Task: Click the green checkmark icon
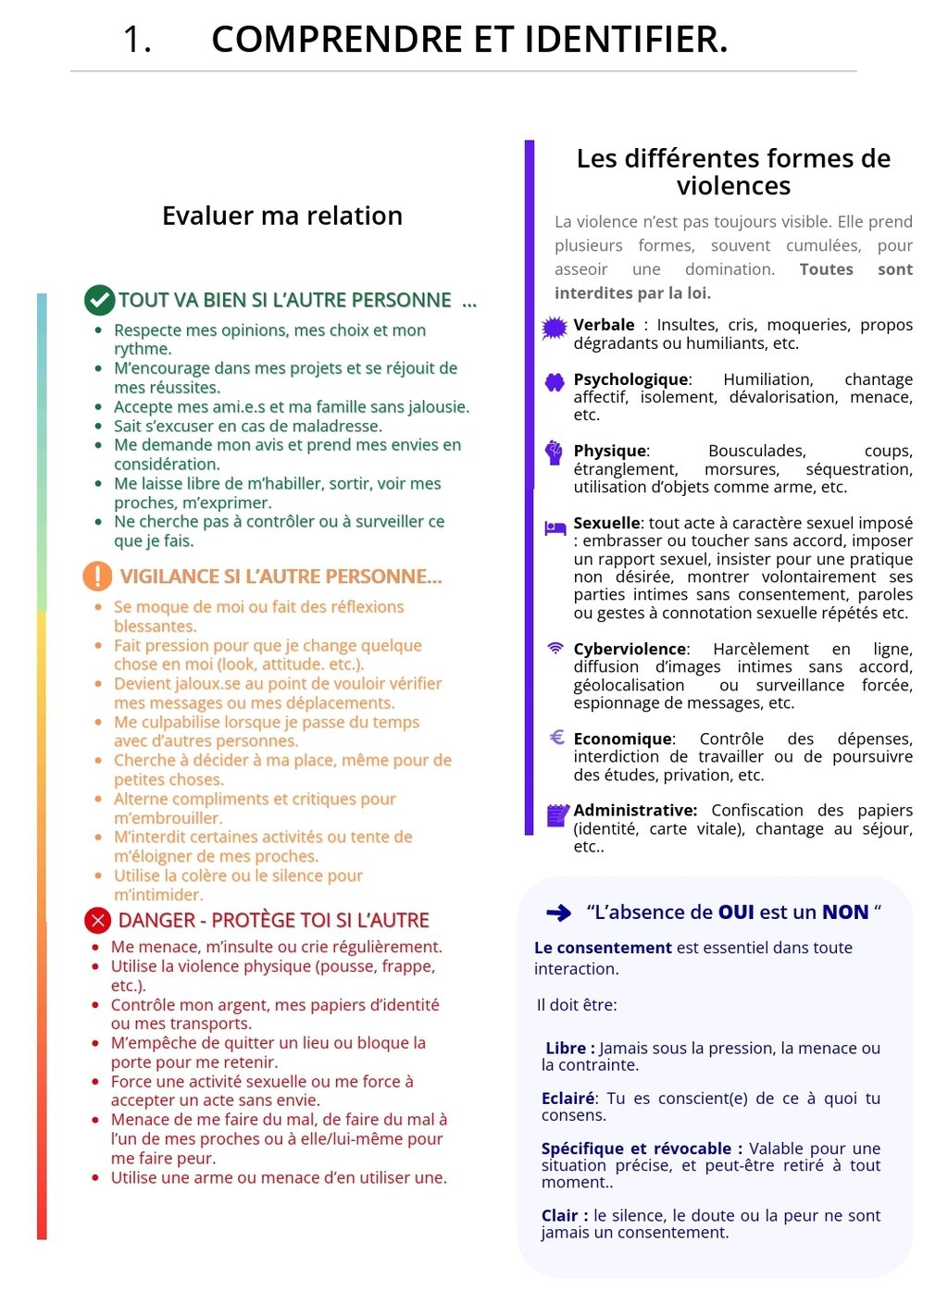pos(99,300)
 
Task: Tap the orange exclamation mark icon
pos(97,576)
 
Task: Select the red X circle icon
pos(97,920)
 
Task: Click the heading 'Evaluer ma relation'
pos(282,216)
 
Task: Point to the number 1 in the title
pos(136,40)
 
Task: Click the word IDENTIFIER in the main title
pos(626,40)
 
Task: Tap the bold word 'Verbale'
pos(604,325)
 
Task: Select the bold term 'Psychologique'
pos(630,379)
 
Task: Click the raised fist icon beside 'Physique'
pos(555,453)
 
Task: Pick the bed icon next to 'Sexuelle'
pos(555,528)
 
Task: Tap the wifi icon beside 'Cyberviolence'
pos(555,648)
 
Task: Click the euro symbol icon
pos(556,738)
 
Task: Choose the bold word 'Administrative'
pos(634,810)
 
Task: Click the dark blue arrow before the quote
pos(559,913)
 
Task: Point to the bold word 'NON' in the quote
pos(845,913)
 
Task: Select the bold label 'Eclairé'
pos(568,1099)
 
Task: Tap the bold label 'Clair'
pos(559,1215)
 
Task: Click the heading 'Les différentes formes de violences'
pos(733,172)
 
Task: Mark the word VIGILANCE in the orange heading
pos(169,577)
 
